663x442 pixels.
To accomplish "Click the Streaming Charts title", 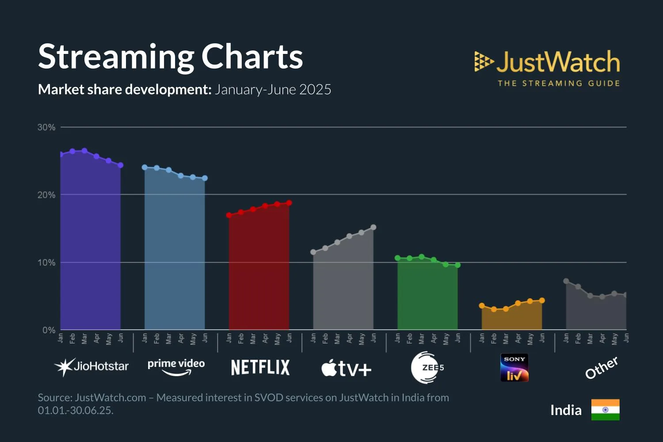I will tap(170, 57).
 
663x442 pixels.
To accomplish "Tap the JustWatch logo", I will tap(547, 68).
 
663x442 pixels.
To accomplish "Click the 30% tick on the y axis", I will tap(46, 127).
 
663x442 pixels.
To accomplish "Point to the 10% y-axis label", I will tap(46, 263).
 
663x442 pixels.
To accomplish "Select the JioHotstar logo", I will tap(91, 366).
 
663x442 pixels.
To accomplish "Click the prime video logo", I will tap(176, 366).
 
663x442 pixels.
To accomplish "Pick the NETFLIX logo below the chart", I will tap(260, 367).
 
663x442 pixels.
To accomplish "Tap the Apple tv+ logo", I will tap(346, 368).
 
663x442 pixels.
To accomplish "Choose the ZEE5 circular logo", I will tap(427, 367).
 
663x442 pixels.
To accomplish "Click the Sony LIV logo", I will tap(514, 367).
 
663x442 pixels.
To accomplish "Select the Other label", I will tap(601, 368).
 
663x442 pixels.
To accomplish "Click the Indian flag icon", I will tap(605, 410).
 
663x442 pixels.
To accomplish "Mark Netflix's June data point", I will tap(289, 203).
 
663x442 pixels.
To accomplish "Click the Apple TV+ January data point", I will tap(313, 252).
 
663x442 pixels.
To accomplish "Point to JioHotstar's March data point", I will tap(84, 151).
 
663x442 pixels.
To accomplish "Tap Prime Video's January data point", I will tap(145, 167).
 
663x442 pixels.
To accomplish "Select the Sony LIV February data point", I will tap(494, 309).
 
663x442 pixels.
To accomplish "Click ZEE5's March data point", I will tap(422, 257).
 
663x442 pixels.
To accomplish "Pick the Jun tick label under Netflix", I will tap(290, 338).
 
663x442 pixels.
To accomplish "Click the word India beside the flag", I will tap(566, 410).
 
